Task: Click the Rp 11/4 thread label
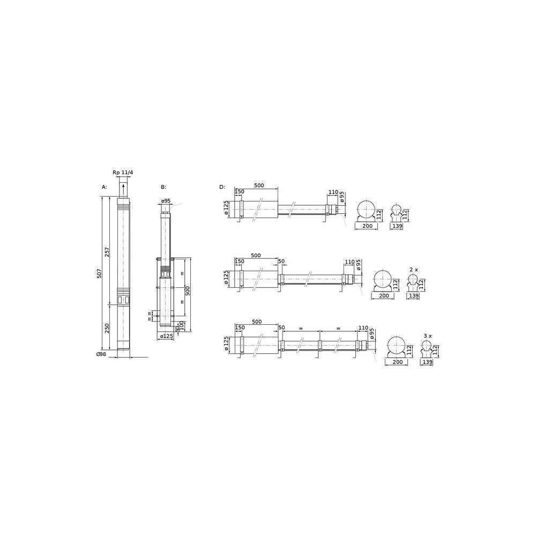pyautogui.click(x=123, y=173)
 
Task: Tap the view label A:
pyautogui.click(x=105, y=187)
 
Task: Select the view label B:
pyautogui.click(x=163, y=187)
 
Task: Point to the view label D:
pyautogui.click(x=222, y=187)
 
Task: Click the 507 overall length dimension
pyautogui.click(x=99, y=273)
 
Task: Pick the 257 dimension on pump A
pyautogui.click(x=107, y=252)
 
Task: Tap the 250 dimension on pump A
pyautogui.click(x=107, y=328)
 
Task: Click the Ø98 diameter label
pyautogui.click(x=101, y=354)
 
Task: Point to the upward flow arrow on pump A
pyautogui.click(x=123, y=189)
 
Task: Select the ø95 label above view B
pyautogui.click(x=166, y=200)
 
